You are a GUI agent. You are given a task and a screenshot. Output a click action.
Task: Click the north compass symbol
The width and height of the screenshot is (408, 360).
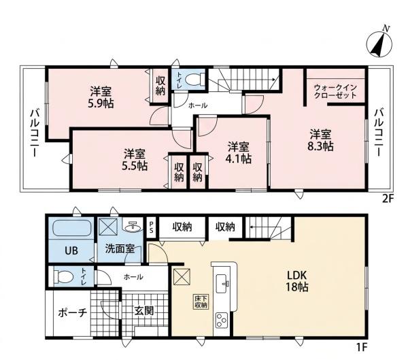379,44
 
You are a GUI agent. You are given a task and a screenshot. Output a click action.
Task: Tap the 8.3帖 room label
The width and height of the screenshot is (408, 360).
320,141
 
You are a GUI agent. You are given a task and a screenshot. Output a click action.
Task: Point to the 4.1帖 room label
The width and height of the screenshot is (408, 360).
239,153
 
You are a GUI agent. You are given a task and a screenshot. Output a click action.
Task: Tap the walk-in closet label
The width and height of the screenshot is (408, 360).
335,91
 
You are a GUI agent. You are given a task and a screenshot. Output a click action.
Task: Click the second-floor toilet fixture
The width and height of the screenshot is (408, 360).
195,79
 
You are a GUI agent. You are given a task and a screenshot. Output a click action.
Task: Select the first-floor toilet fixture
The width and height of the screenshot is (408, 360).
63,276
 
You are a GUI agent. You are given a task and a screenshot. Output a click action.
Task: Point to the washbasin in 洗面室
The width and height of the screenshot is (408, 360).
133,227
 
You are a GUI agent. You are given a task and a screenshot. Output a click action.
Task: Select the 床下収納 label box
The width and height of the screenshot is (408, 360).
201,302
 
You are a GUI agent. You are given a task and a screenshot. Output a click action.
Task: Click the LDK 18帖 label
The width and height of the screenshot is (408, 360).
297,282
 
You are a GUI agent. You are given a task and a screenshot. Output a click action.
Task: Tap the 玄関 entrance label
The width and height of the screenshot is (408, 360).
144,311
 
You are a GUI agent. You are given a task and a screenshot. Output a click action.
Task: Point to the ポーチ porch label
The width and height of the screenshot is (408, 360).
72,313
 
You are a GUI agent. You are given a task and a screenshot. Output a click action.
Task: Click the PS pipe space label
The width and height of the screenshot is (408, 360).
151,227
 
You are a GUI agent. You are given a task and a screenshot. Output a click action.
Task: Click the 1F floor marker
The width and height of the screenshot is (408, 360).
362,346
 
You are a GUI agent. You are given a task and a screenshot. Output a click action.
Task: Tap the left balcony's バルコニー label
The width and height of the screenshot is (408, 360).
35,133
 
